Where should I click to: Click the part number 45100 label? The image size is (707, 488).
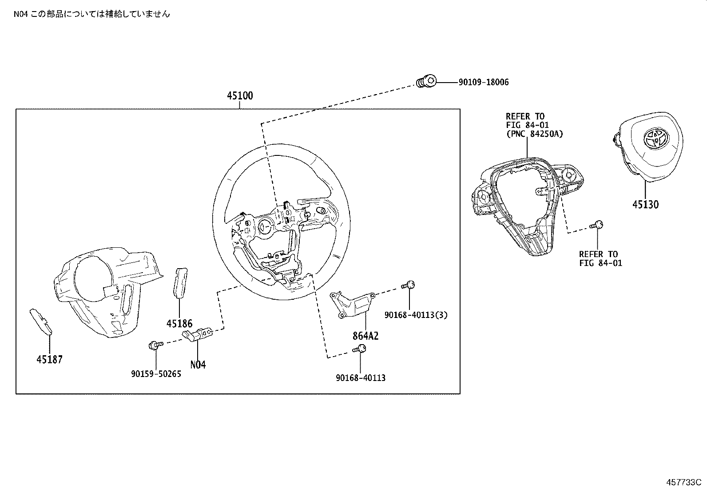click(x=240, y=95)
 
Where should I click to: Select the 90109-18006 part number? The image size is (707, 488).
click(x=484, y=82)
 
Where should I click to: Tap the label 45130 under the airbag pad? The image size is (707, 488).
click(x=645, y=205)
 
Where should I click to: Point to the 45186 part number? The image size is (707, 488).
click(x=179, y=324)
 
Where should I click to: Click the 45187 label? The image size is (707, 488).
click(x=50, y=359)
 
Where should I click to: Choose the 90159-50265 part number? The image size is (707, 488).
click(x=156, y=374)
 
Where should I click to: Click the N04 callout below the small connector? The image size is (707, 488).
click(x=198, y=365)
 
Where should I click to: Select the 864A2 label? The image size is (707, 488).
click(x=365, y=336)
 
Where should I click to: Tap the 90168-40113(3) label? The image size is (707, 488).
click(x=416, y=315)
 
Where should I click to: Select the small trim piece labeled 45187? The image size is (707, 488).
click(x=41, y=321)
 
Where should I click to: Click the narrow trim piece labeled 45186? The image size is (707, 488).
click(x=180, y=282)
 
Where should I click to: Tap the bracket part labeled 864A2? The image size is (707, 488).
click(x=352, y=305)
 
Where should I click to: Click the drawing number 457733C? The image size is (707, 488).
click(x=683, y=482)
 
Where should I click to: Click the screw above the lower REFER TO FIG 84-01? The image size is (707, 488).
click(x=596, y=225)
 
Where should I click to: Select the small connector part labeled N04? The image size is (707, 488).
click(x=197, y=335)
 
